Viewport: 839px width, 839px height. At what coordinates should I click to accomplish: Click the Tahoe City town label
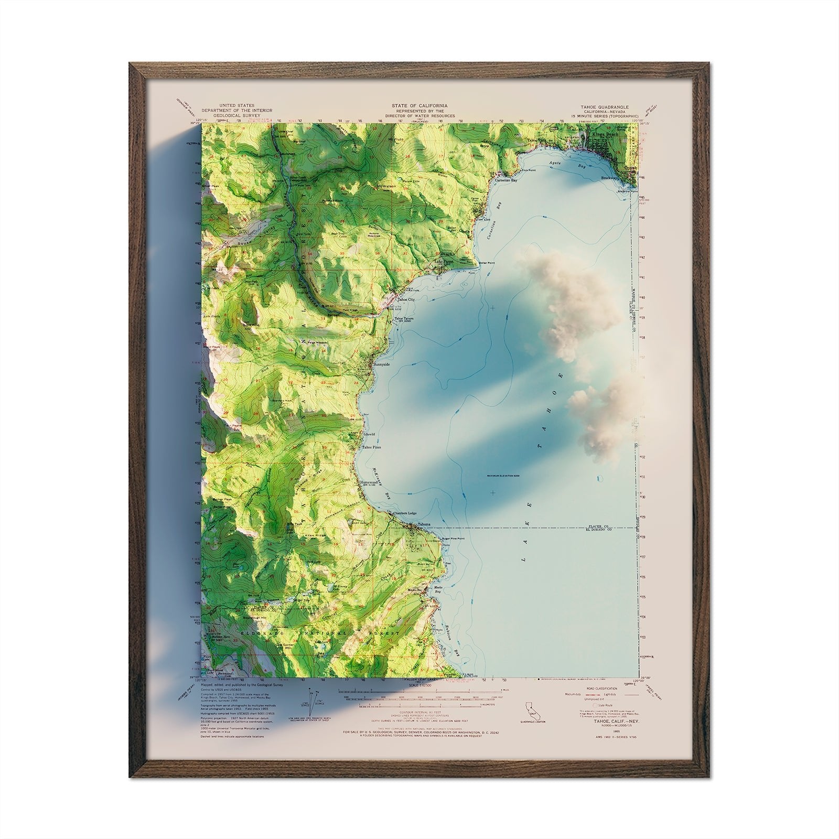click(405, 299)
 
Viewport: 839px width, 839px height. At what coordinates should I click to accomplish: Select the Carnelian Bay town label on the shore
click(507, 180)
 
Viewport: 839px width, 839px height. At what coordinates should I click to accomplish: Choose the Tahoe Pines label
click(372, 447)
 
